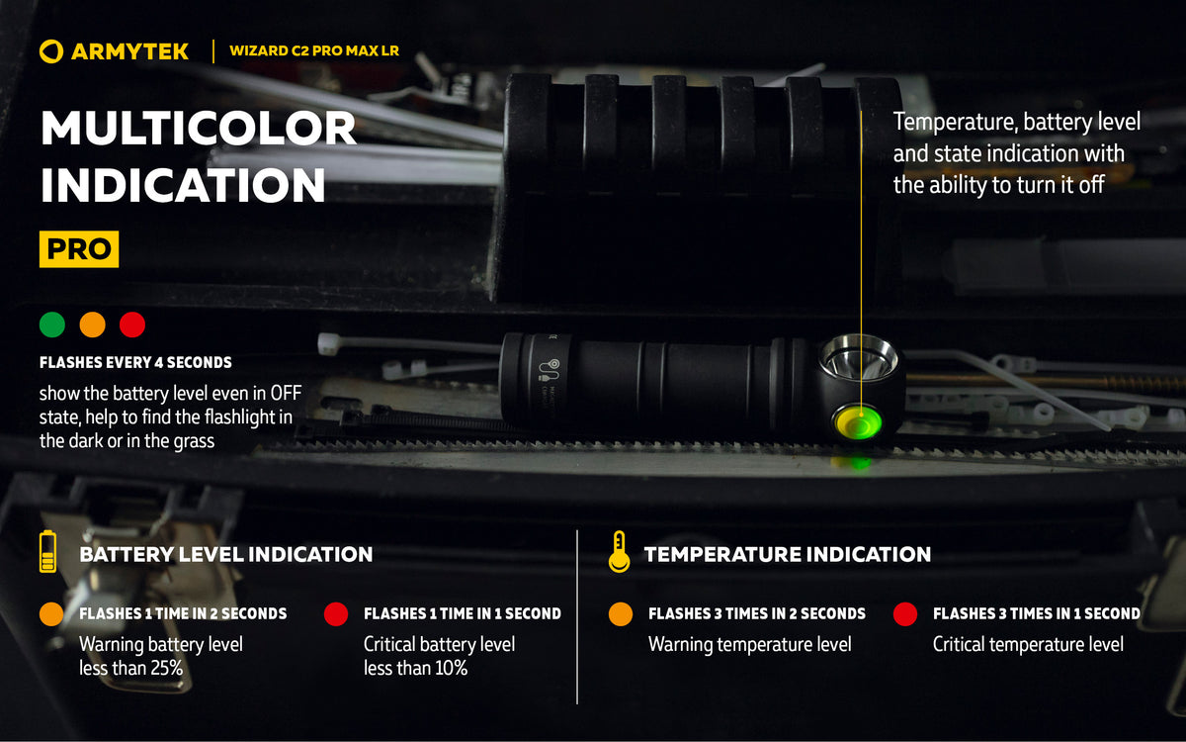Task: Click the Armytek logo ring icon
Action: coord(51,51)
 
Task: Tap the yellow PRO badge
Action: coord(79,249)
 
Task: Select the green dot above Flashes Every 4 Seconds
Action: coord(51,325)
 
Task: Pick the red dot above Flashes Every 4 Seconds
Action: coord(132,325)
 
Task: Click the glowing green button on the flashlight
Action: coord(858,422)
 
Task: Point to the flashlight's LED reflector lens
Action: coord(859,358)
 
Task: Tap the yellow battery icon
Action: coord(47,551)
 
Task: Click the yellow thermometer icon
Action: coord(619,552)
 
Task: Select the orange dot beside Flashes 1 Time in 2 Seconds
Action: coord(51,613)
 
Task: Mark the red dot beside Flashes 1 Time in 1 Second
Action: coord(336,613)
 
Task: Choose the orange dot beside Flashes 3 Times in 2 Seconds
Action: coord(621,613)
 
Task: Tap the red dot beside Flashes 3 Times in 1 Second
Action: coord(905,613)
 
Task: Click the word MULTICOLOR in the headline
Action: coord(199,129)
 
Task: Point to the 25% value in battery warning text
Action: coord(166,668)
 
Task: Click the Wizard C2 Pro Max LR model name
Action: coord(314,50)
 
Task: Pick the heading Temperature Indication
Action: coord(788,554)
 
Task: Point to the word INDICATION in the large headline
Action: coord(183,185)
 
